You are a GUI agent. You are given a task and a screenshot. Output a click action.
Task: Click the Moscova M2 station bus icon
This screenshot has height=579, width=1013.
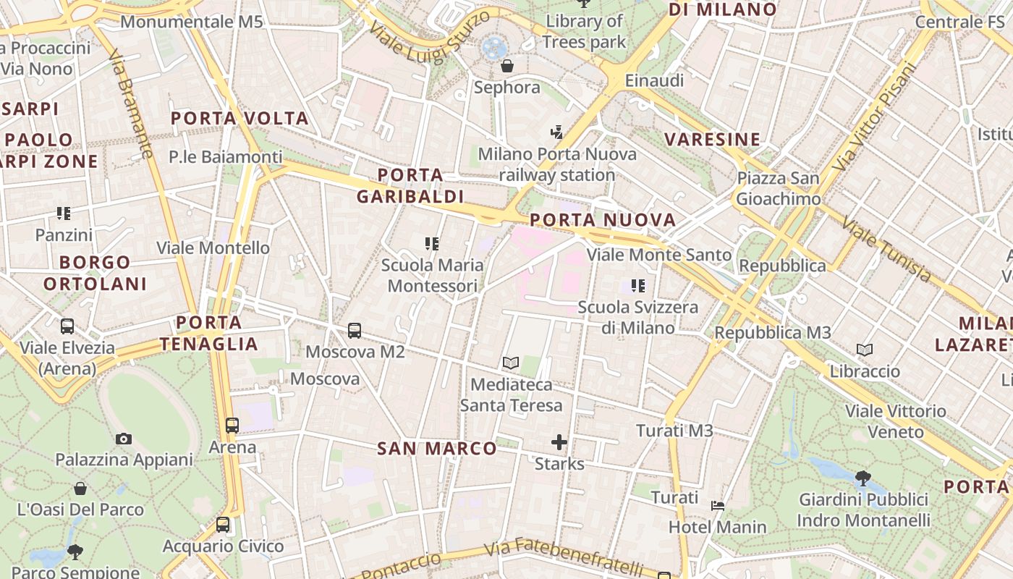coord(355,331)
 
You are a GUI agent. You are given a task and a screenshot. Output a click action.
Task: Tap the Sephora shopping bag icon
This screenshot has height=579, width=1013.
coord(507,67)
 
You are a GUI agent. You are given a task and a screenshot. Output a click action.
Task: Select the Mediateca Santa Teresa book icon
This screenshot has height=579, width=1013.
coord(511,363)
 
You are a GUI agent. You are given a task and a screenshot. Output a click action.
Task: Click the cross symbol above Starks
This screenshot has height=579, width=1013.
coord(559,441)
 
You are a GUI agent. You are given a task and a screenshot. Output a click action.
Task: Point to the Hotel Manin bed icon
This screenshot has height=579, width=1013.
coord(718,505)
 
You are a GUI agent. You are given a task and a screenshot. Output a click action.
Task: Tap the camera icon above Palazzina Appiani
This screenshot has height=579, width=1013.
coord(124,439)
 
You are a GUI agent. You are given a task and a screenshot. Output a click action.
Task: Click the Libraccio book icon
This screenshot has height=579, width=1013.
coord(865,350)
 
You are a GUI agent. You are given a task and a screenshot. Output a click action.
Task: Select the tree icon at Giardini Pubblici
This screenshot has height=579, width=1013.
coord(862,478)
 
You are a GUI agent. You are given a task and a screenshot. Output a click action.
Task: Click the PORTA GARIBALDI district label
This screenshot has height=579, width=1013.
coord(410,185)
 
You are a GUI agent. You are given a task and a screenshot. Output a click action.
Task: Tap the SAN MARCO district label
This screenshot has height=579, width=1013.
coord(437,449)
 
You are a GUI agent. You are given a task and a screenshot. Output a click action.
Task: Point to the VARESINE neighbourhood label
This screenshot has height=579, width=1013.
coord(713,139)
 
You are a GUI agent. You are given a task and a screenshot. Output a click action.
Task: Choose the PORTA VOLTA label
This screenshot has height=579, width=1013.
coord(240,118)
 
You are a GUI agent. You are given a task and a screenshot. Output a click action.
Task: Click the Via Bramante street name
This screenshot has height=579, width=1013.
coord(132,103)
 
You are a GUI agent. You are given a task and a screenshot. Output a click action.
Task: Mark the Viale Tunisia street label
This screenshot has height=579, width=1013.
coord(886,249)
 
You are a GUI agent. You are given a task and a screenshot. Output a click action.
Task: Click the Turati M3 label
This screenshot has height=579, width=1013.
coord(674,431)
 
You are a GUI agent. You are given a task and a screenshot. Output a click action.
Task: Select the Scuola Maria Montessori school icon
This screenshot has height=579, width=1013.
coord(432,244)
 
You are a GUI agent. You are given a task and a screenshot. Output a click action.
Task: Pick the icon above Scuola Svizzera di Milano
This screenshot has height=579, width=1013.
coord(637,286)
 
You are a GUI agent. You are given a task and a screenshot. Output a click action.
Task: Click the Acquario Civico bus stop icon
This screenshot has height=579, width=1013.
coord(223,525)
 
